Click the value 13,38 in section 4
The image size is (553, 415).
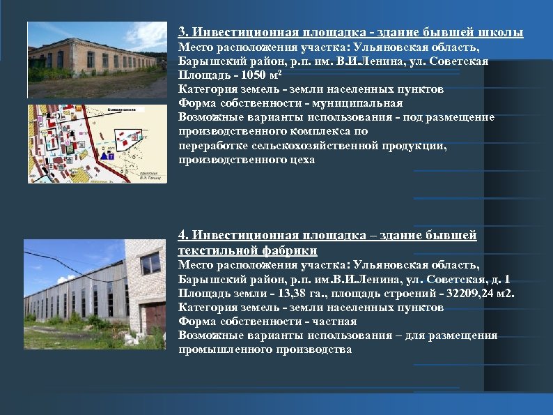286,293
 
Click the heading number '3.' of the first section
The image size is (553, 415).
183,33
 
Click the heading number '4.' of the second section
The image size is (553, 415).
183,236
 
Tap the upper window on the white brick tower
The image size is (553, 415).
150,263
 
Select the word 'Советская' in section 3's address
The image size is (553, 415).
460,61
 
